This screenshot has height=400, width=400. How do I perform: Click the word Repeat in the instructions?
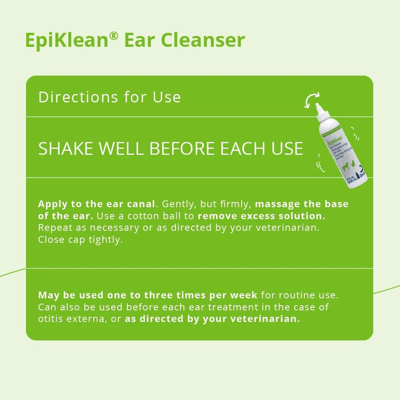click(54, 228)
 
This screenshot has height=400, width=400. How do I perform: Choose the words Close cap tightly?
click(80, 241)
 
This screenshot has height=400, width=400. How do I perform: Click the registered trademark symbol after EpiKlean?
click(113, 35)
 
